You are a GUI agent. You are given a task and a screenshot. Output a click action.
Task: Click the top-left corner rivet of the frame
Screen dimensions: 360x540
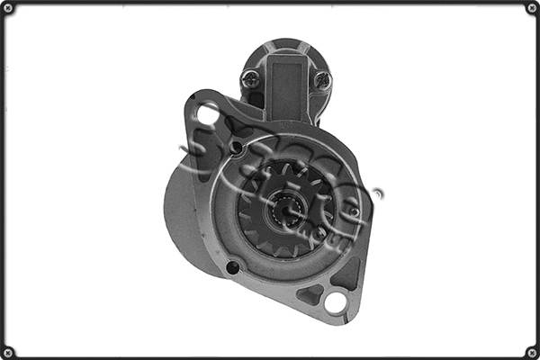pos(8,8)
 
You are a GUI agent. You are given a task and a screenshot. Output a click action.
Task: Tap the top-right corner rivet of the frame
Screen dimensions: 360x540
pos(531,8)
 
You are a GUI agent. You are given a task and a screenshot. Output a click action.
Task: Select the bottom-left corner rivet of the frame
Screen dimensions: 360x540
pos(8,351)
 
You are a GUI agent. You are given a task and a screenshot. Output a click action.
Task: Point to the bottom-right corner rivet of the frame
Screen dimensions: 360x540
pos(531,351)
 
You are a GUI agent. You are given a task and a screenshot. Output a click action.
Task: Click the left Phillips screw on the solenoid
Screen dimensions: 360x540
pos(251,78)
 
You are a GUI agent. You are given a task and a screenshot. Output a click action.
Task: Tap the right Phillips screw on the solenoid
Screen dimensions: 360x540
pos(322,80)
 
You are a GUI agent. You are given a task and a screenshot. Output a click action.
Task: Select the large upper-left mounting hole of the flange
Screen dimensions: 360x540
pos(208,114)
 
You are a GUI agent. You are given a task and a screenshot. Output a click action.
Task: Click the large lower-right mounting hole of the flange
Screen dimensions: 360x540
pos(335,302)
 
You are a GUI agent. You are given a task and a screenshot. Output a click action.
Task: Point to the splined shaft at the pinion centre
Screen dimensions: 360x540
pos(285,212)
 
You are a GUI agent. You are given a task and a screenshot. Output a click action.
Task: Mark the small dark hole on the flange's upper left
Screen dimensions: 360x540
pos(237,148)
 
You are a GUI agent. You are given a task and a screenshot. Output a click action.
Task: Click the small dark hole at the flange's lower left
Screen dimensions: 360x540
pos(232,267)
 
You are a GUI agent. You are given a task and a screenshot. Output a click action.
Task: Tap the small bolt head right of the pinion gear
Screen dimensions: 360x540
pos(355,213)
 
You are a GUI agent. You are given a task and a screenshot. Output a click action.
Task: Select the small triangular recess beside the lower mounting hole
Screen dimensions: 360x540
pos(310,293)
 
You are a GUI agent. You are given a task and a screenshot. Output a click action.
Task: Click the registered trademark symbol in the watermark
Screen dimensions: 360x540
pos(378,193)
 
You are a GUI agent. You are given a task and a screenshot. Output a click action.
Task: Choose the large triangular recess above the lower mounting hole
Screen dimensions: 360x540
pos(346,271)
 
